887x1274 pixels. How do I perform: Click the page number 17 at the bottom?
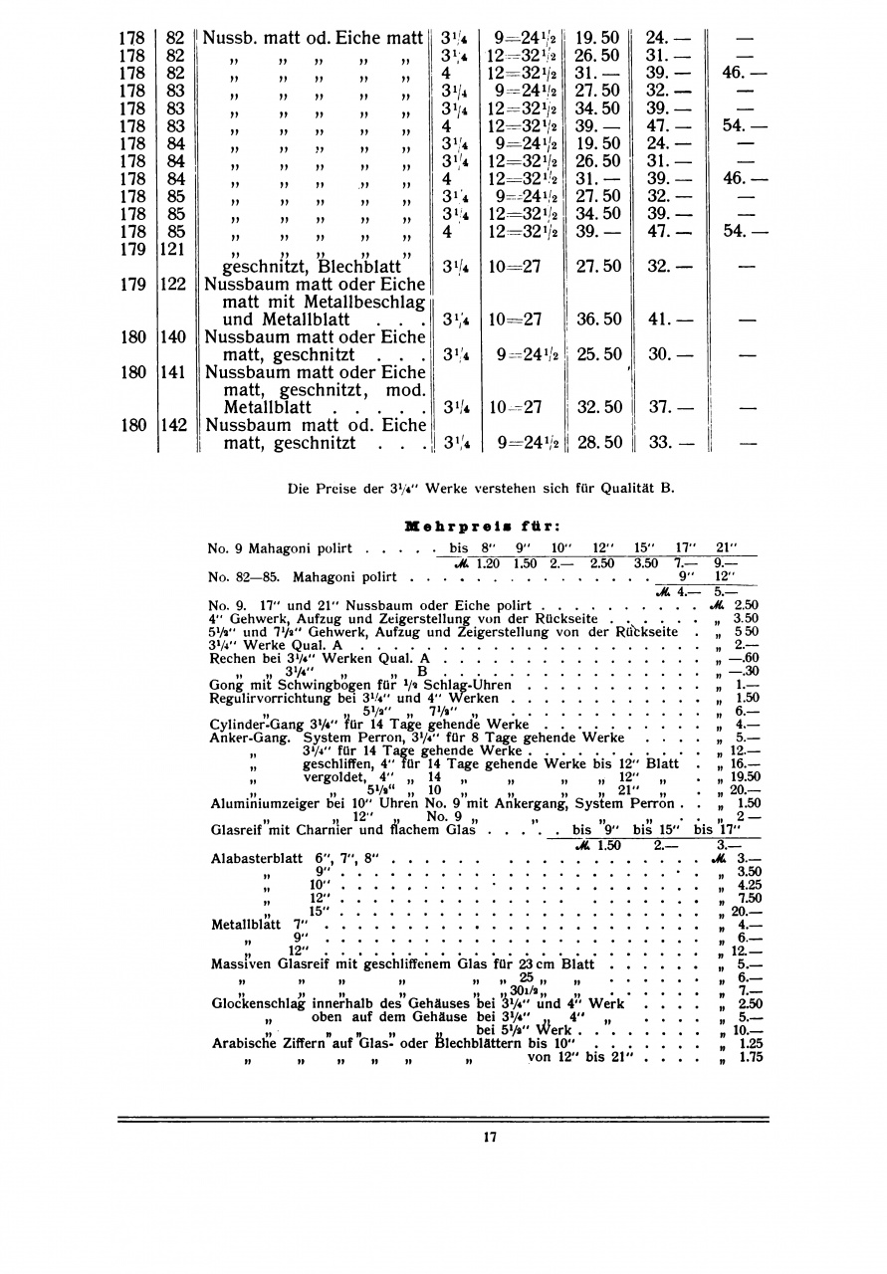click(489, 1137)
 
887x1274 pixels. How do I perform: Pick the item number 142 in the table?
click(174, 424)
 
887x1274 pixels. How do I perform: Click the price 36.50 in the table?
click(598, 319)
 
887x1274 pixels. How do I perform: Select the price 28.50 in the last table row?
click(598, 442)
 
